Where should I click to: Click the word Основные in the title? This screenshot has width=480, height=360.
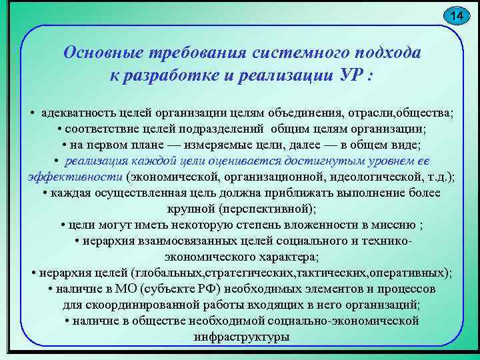(x=105, y=53)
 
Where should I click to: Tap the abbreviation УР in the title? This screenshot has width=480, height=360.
(x=347, y=74)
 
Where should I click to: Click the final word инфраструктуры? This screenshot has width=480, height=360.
(x=241, y=337)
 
